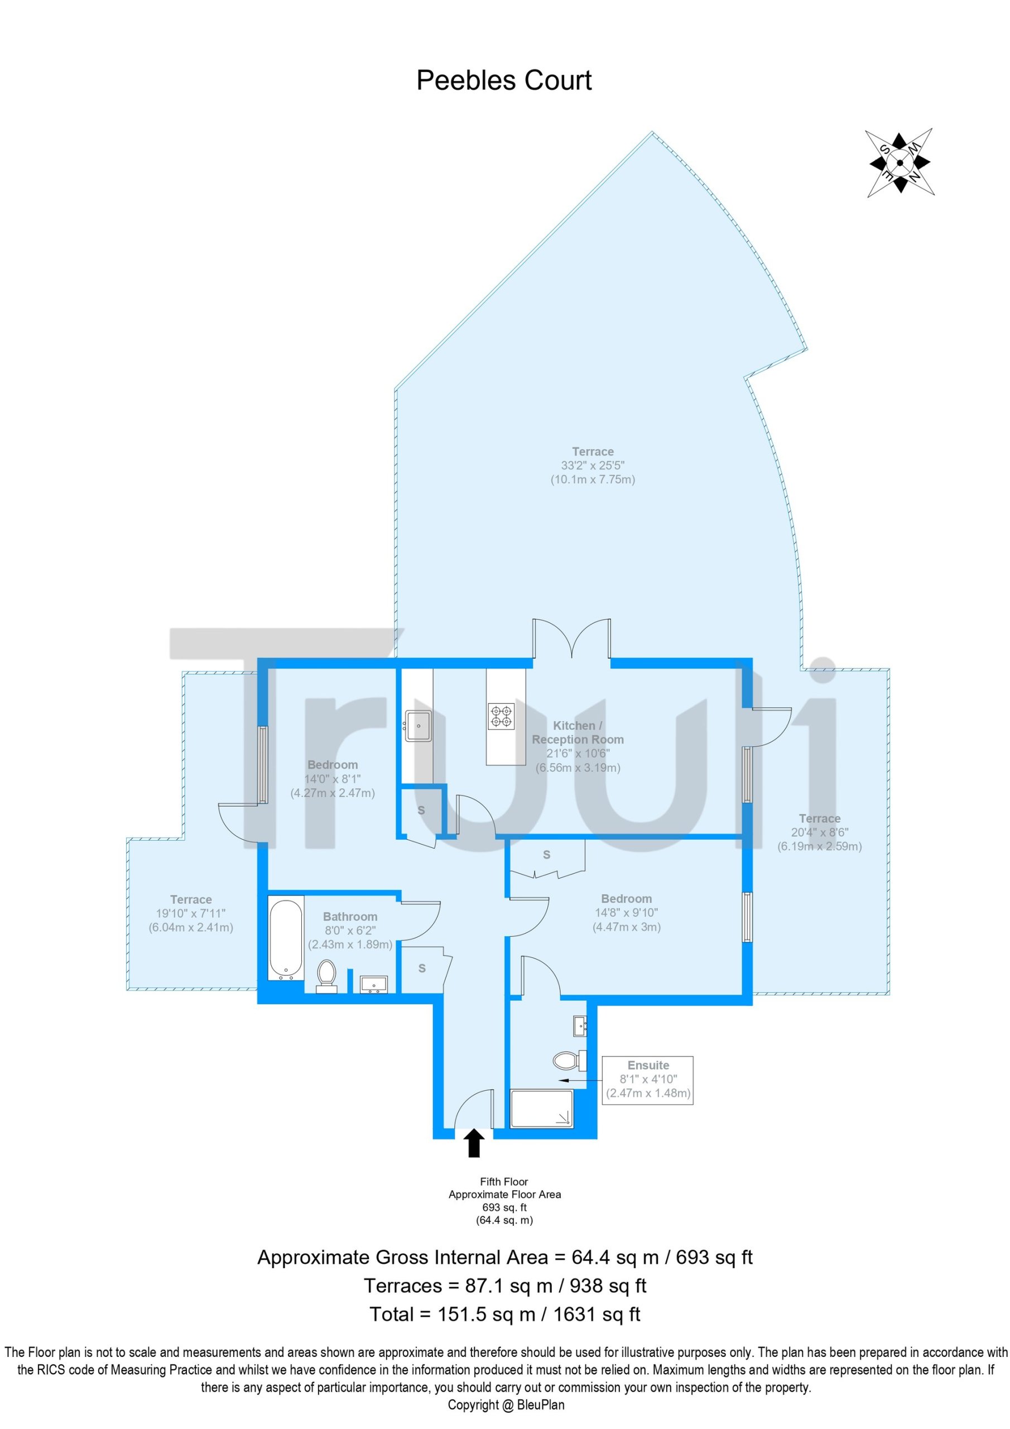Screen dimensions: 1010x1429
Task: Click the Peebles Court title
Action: click(503, 80)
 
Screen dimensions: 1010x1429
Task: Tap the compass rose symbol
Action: click(900, 163)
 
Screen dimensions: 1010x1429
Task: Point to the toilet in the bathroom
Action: click(326, 976)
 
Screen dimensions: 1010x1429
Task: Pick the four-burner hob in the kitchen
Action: click(501, 716)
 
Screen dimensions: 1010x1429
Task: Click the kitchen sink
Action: click(418, 726)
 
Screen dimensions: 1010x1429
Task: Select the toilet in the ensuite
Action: click(569, 1060)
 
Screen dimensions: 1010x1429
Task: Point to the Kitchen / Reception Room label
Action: click(578, 732)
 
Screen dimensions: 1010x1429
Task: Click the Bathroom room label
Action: click(350, 917)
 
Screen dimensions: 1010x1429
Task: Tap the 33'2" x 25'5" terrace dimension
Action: click(593, 465)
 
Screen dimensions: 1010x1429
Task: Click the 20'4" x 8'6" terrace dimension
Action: click(820, 832)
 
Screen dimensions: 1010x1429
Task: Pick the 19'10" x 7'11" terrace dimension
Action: click(190, 913)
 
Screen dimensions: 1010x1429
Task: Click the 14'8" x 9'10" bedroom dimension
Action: click(626, 913)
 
